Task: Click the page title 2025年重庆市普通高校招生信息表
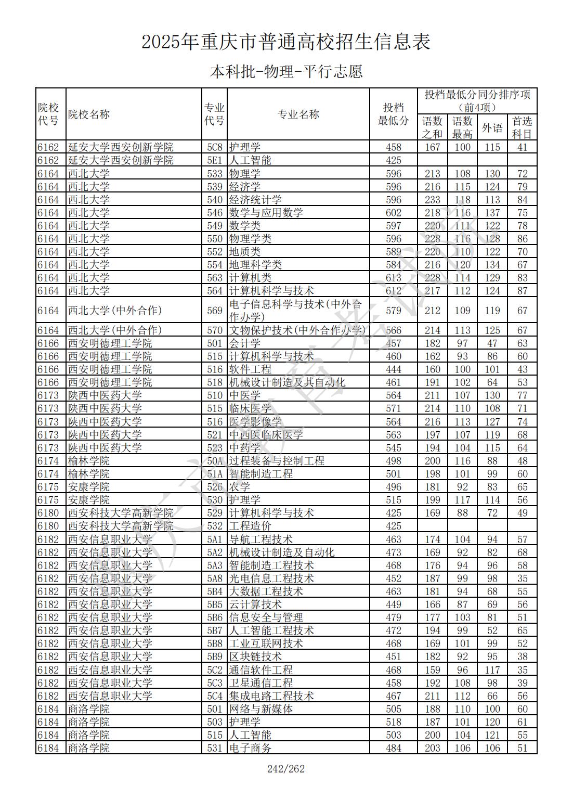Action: [286, 42]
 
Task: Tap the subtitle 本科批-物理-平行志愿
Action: [286, 71]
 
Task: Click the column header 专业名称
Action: [298, 114]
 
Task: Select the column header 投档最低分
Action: [393, 114]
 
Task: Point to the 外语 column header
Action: [492, 127]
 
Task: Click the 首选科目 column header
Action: [522, 127]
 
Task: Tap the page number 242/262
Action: [286, 768]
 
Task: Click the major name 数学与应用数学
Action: [266, 213]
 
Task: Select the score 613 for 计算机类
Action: [393, 278]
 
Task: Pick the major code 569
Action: [214, 311]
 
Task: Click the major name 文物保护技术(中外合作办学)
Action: [297, 330]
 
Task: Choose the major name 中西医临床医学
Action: [266, 435]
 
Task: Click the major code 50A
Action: [214, 461]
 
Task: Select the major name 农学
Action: [240, 487]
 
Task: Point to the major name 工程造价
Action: [250, 526]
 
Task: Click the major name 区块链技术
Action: [255, 656]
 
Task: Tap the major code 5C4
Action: [214, 696]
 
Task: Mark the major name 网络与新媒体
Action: [261, 709]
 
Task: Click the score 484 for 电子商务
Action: [393, 748]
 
